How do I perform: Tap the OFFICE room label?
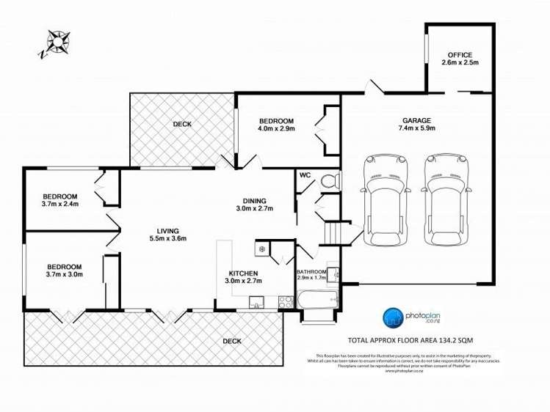[x=460, y=55]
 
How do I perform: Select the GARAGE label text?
[x=416, y=120]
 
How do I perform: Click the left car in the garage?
[x=386, y=200]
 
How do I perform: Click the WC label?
[x=305, y=175]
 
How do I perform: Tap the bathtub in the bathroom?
[x=317, y=301]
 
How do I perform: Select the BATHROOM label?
[x=313, y=271]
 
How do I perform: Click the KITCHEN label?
[x=244, y=273]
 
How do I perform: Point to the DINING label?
[x=255, y=201]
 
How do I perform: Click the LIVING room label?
[x=168, y=229]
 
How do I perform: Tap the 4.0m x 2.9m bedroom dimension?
[x=276, y=129]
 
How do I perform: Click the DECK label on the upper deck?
[x=182, y=125]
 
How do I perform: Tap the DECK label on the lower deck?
[x=232, y=341]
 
